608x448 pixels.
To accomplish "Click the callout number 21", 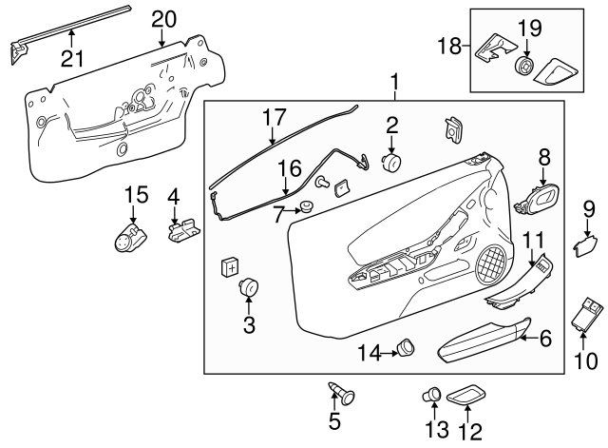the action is click(72, 59).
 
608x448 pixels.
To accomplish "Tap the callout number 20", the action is click(163, 19).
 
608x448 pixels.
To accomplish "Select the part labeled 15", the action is click(130, 239).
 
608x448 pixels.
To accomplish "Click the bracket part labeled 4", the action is click(183, 230).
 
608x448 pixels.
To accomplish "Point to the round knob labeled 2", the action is click(391, 163).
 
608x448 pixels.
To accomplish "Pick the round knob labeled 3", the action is click(249, 287).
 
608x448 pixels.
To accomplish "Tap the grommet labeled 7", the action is click(308, 207).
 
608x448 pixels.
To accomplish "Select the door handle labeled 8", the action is click(538, 200).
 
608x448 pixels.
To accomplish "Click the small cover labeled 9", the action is click(586, 247).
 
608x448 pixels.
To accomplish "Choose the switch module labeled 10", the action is click(587, 314).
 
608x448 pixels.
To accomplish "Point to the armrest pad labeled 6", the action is click(484, 341).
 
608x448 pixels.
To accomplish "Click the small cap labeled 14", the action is click(406, 346).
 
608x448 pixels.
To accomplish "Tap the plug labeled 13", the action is click(431, 395).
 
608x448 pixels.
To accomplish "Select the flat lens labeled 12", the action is click(466, 396).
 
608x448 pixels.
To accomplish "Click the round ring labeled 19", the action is click(525, 66).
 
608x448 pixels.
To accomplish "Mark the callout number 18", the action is click(449, 46).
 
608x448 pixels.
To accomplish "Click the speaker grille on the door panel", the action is click(492, 264).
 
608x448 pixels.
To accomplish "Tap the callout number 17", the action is click(275, 117).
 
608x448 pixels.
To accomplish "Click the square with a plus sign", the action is click(230, 268).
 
